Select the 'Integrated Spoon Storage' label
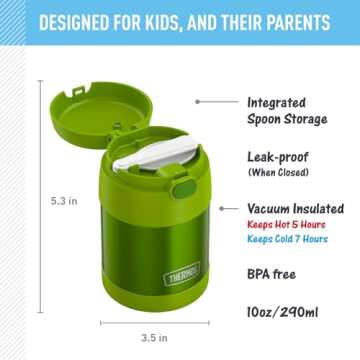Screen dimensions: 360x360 pos(286,110)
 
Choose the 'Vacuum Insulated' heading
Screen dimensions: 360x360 pos(297,209)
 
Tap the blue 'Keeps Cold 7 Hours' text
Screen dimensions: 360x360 pos(286,240)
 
